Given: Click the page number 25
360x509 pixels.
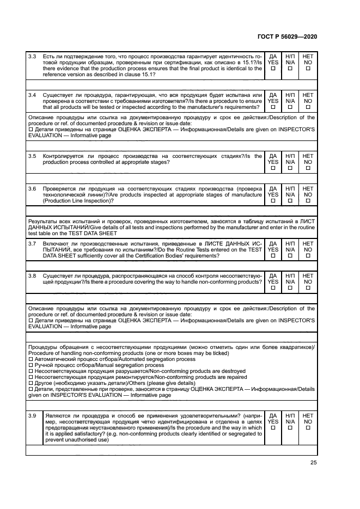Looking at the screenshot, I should [x=313, y=463].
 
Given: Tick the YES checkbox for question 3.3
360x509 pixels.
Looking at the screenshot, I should [x=273, y=69].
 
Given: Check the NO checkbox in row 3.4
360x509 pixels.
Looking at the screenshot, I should [x=308, y=107].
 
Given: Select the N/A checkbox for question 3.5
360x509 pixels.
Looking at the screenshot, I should [x=290, y=168].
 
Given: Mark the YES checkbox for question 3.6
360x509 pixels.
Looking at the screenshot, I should [x=273, y=201].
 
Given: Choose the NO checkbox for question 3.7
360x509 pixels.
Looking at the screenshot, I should [x=308, y=255].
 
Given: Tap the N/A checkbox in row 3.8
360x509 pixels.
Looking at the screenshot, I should [x=290, y=288].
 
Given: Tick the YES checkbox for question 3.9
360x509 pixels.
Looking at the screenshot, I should [x=273, y=427].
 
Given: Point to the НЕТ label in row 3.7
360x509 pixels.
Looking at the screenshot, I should [x=308, y=243].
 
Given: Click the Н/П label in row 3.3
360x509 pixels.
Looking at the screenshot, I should [x=290, y=56].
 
